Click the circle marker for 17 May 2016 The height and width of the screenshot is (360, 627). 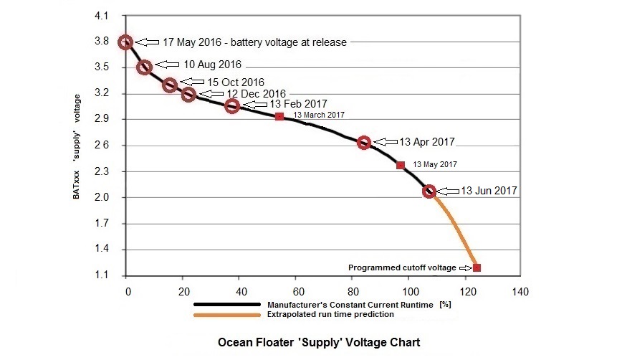[x=125, y=42]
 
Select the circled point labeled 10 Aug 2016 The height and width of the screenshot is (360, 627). [x=144, y=67]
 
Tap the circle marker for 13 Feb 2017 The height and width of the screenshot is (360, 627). [x=232, y=106]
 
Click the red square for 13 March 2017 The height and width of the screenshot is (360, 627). [x=279, y=116]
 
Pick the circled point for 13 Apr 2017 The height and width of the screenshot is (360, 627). [x=364, y=143]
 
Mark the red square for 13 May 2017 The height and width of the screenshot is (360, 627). [x=401, y=165]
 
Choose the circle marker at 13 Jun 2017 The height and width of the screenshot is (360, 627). [x=429, y=191]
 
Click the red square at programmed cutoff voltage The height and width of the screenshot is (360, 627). [x=477, y=267]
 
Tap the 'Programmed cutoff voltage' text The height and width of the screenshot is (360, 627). [x=402, y=267]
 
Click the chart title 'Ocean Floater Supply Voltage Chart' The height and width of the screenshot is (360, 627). [x=319, y=343]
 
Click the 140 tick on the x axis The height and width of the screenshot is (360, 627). [x=520, y=292]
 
